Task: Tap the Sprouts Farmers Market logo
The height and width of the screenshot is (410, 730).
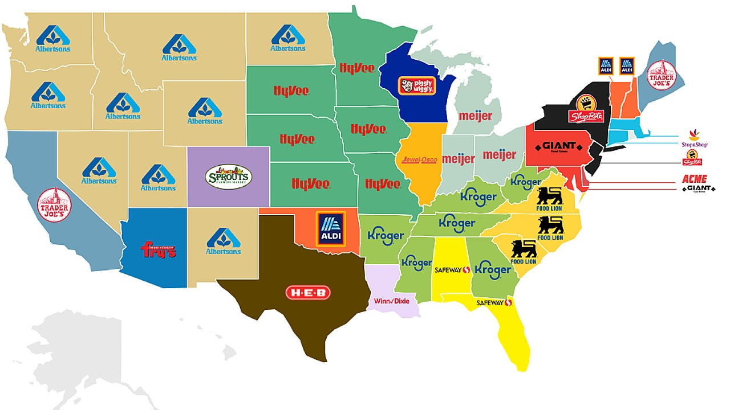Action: (x=228, y=177)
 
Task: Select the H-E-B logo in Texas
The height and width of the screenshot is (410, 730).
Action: (x=308, y=293)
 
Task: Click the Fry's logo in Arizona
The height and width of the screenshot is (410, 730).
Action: (x=158, y=250)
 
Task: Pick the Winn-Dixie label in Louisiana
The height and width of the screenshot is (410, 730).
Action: (x=392, y=301)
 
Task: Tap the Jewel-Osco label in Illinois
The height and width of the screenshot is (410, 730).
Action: (x=419, y=160)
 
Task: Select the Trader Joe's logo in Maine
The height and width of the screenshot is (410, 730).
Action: (x=664, y=75)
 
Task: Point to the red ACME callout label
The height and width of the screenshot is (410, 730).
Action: (x=694, y=179)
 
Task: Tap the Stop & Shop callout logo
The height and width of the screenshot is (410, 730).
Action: (x=694, y=140)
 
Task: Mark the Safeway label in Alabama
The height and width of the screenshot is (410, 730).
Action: (x=452, y=269)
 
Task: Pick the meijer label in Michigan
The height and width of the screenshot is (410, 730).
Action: (x=476, y=116)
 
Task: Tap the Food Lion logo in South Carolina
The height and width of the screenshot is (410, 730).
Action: (x=524, y=252)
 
